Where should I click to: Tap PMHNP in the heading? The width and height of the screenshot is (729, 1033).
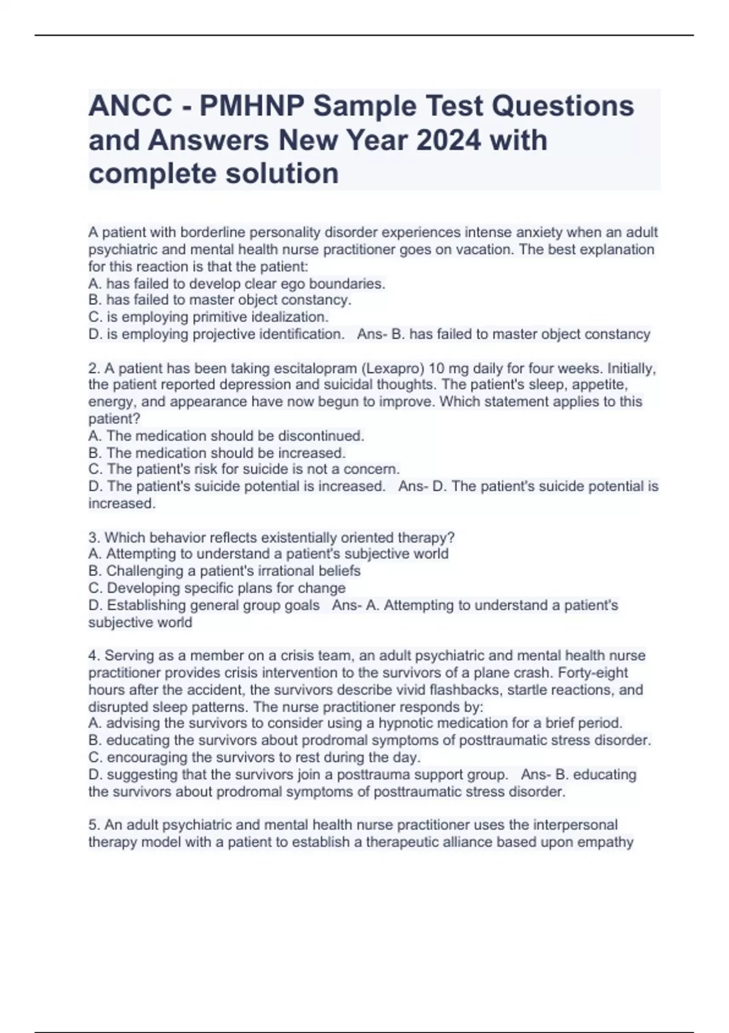[250, 106]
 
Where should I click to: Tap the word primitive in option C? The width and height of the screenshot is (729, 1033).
[220, 317]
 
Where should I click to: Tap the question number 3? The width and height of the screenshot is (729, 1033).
[94, 538]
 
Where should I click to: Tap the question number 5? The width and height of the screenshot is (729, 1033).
[94, 825]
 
